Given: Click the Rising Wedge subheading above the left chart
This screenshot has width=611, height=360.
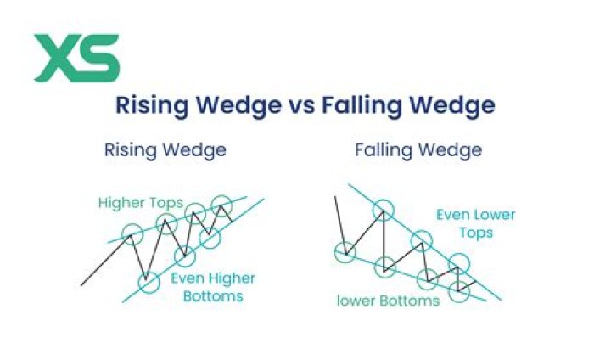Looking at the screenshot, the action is (165, 150).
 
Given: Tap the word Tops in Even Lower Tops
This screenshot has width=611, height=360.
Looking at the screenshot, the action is (474, 233).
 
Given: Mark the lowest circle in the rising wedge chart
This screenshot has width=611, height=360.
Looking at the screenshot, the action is (149, 282).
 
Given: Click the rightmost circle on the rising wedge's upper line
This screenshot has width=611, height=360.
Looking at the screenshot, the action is (222, 205).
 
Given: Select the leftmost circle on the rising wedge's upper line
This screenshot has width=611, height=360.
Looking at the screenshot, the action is (132, 235).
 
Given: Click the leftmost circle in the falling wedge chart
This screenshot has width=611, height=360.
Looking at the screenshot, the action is (345, 250).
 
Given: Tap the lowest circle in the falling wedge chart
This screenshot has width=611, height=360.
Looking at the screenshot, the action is (459, 291).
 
